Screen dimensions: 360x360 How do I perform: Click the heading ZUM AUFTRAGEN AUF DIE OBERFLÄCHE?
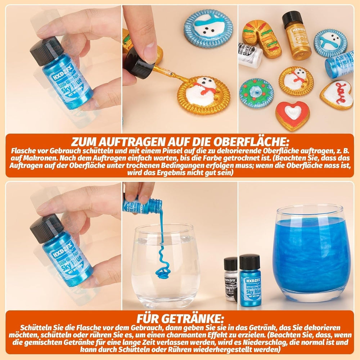180,141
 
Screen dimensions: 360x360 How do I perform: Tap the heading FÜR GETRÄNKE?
180,319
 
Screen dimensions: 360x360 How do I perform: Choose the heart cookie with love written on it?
337,94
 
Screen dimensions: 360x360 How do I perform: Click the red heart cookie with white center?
292,115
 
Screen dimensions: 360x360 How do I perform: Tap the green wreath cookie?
256,93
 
